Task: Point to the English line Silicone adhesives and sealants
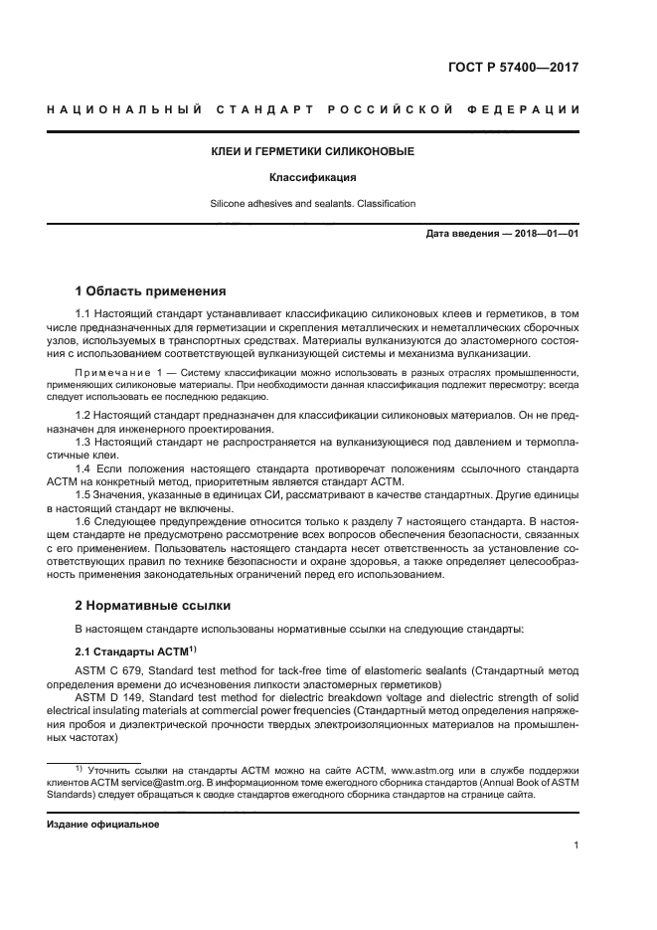click(312, 204)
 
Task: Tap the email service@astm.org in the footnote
click(157, 784)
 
